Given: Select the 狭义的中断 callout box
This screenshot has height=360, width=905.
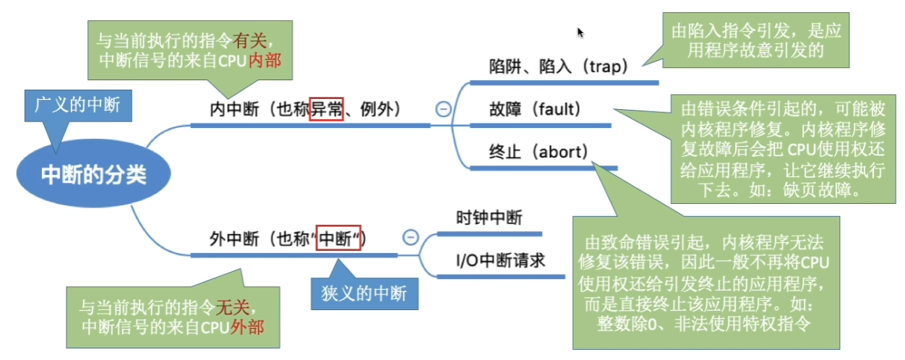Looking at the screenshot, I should [364, 293].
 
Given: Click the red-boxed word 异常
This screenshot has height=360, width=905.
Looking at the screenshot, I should [325, 110].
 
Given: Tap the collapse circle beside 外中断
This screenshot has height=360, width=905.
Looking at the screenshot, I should [410, 238].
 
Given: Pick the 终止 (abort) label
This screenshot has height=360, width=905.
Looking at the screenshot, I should [539, 153].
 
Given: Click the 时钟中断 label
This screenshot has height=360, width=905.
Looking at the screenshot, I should [489, 218].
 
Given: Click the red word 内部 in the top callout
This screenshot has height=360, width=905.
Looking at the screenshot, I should [265, 62].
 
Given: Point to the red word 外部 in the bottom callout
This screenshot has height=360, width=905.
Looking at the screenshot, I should [246, 326].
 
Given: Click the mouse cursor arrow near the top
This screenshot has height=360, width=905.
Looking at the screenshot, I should [580, 32].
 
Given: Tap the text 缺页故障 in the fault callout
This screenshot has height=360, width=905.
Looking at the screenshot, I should [829, 192].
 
